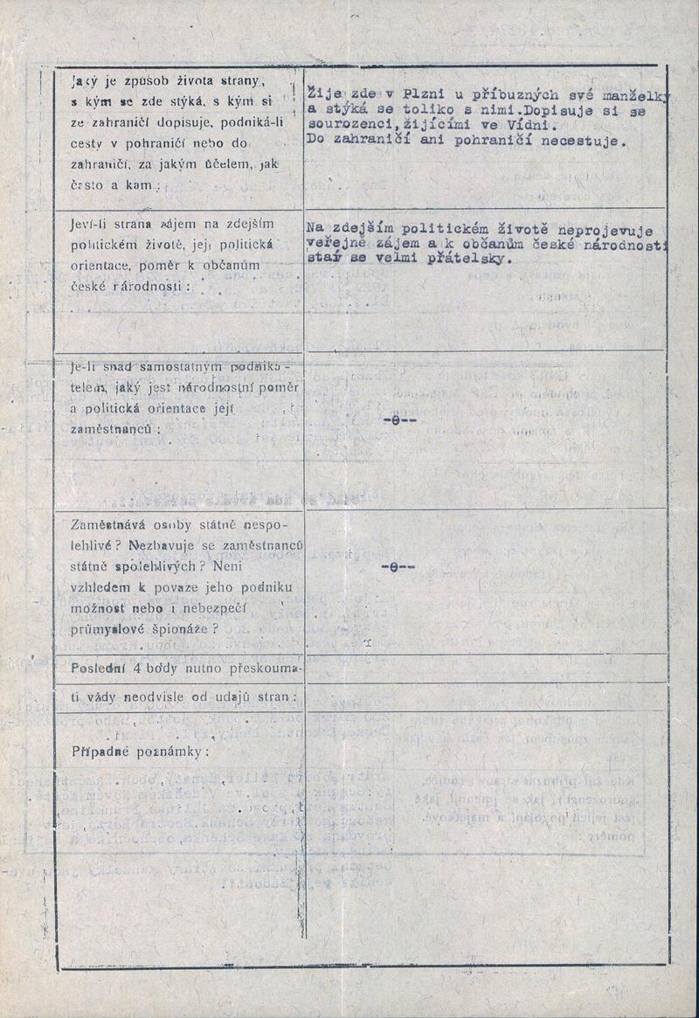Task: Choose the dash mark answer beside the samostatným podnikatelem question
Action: point(398,419)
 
